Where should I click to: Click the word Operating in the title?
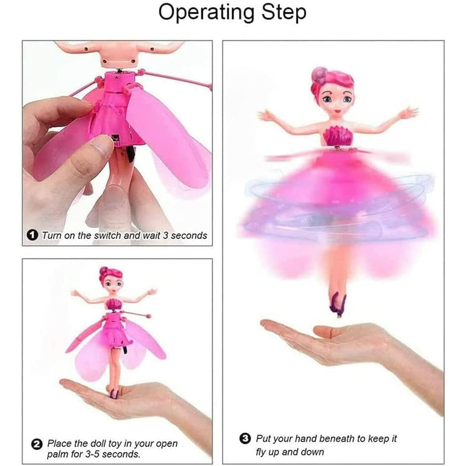tap(206, 13)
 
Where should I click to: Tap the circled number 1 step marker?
tap(32, 235)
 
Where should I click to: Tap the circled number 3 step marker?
tap(245, 439)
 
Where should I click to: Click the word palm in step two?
tap(59, 454)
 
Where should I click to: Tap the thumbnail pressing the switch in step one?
tap(101, 147)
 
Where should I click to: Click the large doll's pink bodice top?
tap(339, 136)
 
